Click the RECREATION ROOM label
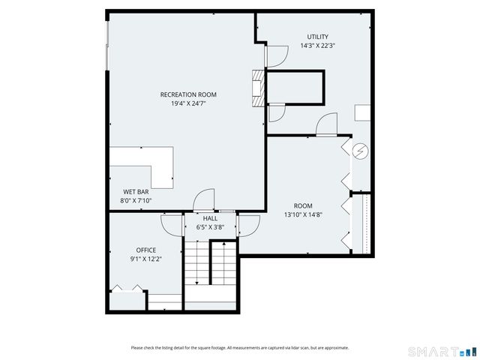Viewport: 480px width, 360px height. coord(188,94)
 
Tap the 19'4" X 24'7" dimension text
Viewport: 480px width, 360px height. coord(188,103)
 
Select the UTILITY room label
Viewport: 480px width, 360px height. coord(317,37)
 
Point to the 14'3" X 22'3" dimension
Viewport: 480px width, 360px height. coord(317,46)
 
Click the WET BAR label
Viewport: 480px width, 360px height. coord(135,192)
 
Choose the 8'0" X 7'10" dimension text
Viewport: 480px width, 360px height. coord(136,201)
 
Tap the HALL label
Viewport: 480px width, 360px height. coord(210,218)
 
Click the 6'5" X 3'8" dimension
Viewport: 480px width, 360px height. coord(210,227)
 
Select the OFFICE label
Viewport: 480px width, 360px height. coord(145,250)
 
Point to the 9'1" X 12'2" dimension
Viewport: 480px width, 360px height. coord(145,259)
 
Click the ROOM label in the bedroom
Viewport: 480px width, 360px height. coord(303,205)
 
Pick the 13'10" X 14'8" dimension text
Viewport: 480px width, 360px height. coord(303,214)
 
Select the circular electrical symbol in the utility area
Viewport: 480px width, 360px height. coord(361,151)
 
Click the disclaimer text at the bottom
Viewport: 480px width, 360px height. coord(239,347)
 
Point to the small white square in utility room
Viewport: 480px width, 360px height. coord(362,112)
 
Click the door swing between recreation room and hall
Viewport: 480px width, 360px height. coord(203,201)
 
